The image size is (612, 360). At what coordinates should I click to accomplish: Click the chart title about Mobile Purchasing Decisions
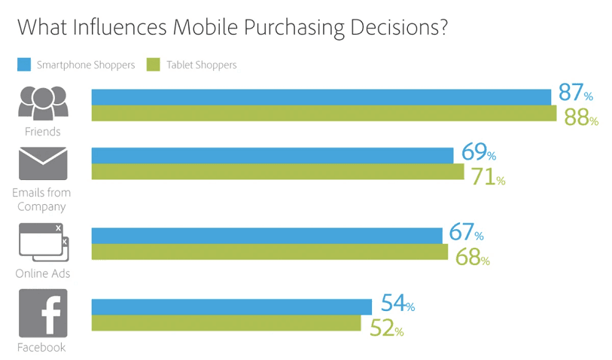(233, 27)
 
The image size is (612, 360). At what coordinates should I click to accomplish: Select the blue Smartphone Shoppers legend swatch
(23, 65)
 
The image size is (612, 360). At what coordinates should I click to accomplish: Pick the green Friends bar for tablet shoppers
(324, 114)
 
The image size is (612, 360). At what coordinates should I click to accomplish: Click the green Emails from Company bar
(278, 172)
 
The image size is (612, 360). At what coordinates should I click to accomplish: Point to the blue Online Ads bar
(267, 236)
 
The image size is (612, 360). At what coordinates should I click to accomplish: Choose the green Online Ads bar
(269, 252)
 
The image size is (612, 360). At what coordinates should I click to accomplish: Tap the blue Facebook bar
(232, 307)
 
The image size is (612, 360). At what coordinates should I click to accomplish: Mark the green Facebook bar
(227, 323)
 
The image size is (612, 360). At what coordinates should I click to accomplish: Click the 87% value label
(575, 94)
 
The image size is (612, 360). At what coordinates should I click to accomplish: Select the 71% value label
(488, 178)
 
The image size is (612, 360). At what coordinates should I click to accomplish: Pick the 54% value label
(397, 304)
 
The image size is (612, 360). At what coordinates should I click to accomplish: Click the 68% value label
(472, 258)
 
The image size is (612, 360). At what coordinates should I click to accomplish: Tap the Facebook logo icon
(43, 313)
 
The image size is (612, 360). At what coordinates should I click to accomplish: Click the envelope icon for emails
(43, 163)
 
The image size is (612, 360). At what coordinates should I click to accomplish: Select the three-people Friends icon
(43, 102)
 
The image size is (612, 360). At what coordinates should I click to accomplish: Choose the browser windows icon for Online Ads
(43, 241)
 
